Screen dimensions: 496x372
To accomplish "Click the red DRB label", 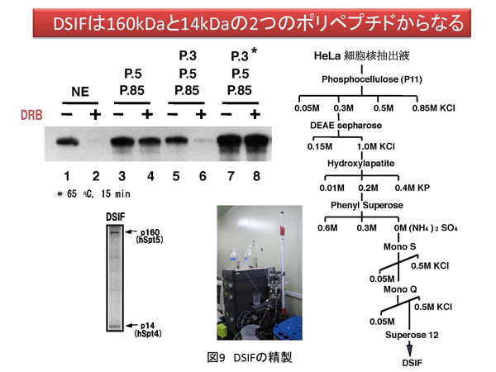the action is pyautogui.click(x=31, y=115).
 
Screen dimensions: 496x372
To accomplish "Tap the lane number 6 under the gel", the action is pyautogui.click(x=203, y=176).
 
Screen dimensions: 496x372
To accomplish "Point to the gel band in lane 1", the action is pyautogui.click(x=68, y=142).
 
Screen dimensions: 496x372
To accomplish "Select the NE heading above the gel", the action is pyautogui.click(x=80, y=92).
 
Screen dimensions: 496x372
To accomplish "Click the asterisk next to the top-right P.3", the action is pyautogui.click(x=254, y=51).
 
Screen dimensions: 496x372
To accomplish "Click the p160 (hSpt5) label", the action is pyautogui.click(x=150, y=236).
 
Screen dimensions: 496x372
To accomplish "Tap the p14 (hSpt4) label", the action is pyautogui.click(x=148, y=329).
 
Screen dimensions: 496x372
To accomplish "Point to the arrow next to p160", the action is pyautogui.click(x=131, y=231).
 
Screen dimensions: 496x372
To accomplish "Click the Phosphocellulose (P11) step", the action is pyautogui.click(x=372, y=79).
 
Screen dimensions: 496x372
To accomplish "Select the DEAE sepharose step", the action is pyautogui.click(x=346, y=126).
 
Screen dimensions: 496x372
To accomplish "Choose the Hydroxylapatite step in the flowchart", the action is pyautogui.click(x=361, y=164).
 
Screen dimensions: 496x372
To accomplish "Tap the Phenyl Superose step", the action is pyautogui.click(x=366, y=205).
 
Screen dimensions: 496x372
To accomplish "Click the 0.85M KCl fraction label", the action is pyautogui.click(x=433, y=108).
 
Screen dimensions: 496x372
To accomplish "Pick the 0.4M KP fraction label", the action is pyautogui.click(x=413, y=188).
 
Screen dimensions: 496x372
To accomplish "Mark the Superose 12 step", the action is pyautogui.click(x=412, y=335).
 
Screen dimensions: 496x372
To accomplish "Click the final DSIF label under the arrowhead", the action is pyautogui.click(x=412, y=363).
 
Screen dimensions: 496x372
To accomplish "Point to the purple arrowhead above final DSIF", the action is pyautogui.click(x=409, y=351).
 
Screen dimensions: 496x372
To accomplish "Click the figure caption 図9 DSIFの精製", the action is pyautogui.click(x=250, y=357).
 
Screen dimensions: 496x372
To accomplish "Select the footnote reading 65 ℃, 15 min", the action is pyautogui.click(x=93, y=193).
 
